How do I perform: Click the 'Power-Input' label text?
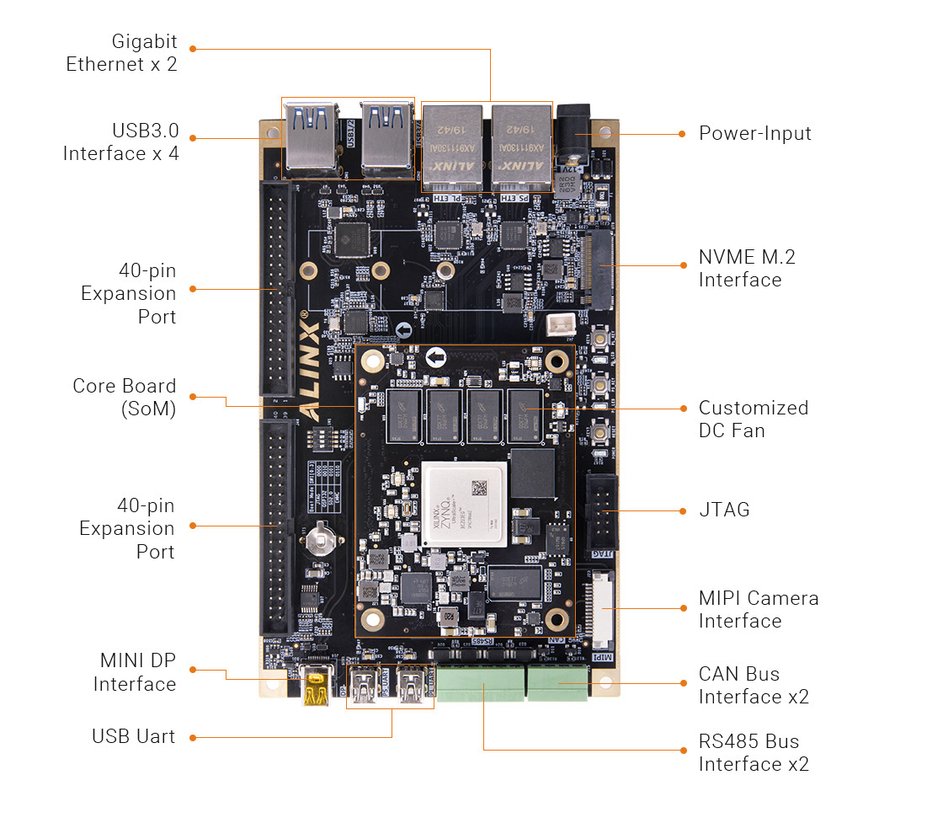(754, 133)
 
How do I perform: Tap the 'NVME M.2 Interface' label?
(746, 269)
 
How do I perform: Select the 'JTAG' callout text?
(723, 510)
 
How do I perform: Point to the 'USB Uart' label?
(133, 736)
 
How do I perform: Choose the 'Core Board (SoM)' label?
(124, 398)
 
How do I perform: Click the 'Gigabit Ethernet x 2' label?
(122, 52)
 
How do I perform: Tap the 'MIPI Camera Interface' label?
(758, 609)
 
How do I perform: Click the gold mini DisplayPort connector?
(315, 687)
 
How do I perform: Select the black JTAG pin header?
(602, 510)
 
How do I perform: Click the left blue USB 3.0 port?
(311, 138)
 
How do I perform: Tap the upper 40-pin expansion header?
(277, 289)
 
